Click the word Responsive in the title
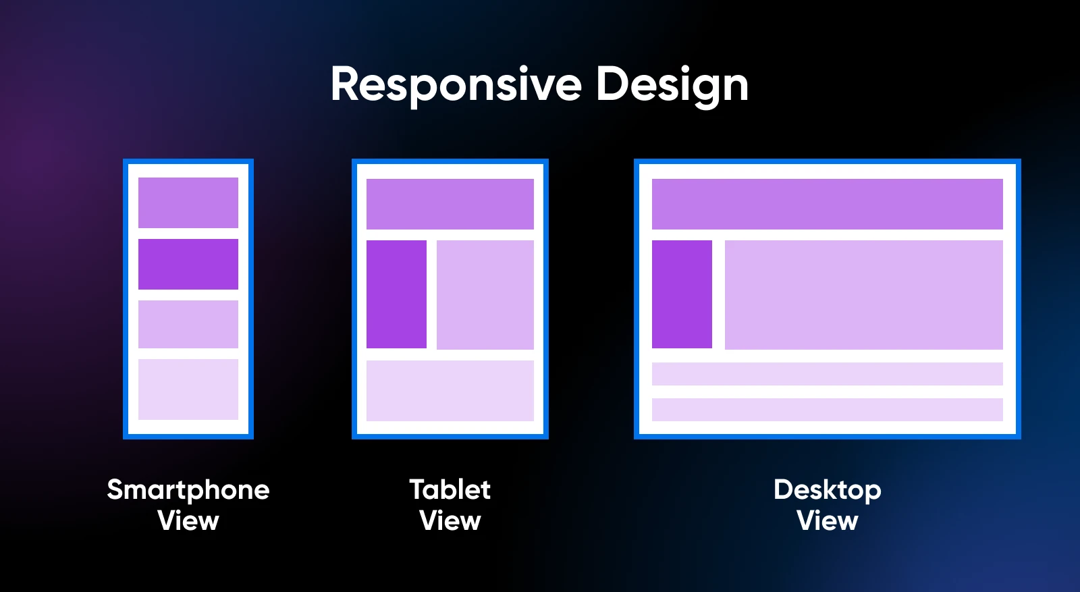(456, 86)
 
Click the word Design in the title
(672, 86)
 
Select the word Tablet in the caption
(450, 490)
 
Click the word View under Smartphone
(188, 520)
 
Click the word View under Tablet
(450, 520)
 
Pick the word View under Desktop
(828, 520)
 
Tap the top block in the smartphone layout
(188, 203)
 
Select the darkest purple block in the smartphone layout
(188, 264)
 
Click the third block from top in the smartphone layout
(188, 325)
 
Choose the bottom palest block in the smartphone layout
(188, 389)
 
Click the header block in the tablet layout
(450, 205)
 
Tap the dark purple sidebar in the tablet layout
(396, 294)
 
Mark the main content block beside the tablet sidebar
(485, 294)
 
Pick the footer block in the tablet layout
(450, 391)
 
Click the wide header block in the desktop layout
(828, 205)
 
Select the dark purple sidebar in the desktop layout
(682, 294)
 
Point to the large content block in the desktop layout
(864, 294)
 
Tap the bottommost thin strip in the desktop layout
(828, 410)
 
